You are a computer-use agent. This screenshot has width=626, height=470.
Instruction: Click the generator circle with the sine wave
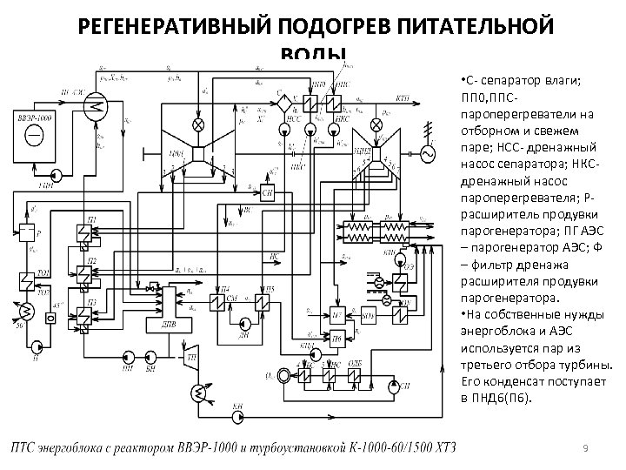point(428,153)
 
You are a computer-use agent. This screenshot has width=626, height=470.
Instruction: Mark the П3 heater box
point(84,307)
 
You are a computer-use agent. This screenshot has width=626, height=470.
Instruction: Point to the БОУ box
point(367,313)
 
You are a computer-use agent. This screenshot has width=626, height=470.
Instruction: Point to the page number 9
point(586,447)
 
